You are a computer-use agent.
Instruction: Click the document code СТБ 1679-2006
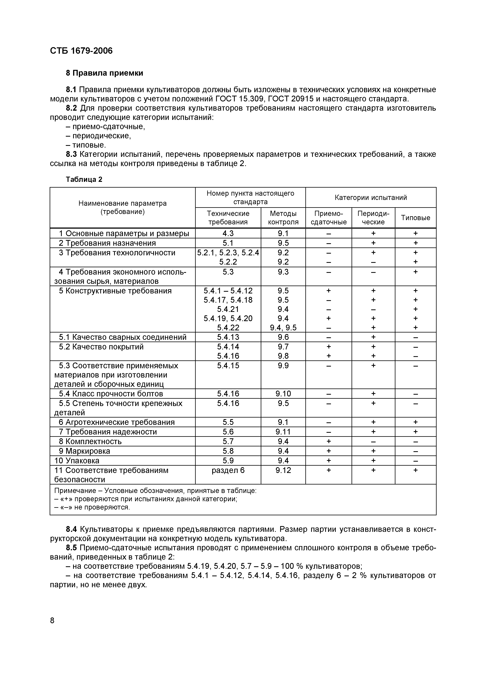[x=81, y=51]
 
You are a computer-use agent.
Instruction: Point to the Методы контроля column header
[x=283, y=218]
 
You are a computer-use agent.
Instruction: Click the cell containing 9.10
[x=283, y=394]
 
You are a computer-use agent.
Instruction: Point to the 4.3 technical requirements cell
[x=228, y=233]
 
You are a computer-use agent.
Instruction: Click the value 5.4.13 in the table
[x=228, y=337]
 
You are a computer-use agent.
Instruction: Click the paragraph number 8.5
[x=71, y=548]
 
